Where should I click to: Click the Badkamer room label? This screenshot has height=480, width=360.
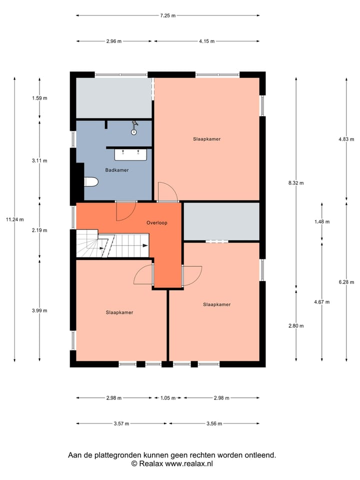[116, 170]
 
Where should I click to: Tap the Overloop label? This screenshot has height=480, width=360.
[156, 222]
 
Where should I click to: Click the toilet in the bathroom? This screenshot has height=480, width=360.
[90, 182]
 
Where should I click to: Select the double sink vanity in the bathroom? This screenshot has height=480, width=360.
[131, 154]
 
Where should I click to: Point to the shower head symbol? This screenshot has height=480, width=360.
[133, 128]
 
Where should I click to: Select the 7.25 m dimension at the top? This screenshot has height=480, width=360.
[167, 15]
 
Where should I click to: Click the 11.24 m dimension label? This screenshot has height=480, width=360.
[14, 219]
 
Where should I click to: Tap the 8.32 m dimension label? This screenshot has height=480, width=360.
[296, 183]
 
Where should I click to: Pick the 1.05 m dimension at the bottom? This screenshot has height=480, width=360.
[168, 398]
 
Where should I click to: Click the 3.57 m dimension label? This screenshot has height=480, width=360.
[121, 423]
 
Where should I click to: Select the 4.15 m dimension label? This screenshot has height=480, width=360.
[206, 41]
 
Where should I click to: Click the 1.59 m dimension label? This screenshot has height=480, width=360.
[39, 98]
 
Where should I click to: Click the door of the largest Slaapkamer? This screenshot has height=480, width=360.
[167, 191]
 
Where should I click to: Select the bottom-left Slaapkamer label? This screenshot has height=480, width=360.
[119, 312]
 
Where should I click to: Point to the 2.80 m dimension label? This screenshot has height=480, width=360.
[296, 325]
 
